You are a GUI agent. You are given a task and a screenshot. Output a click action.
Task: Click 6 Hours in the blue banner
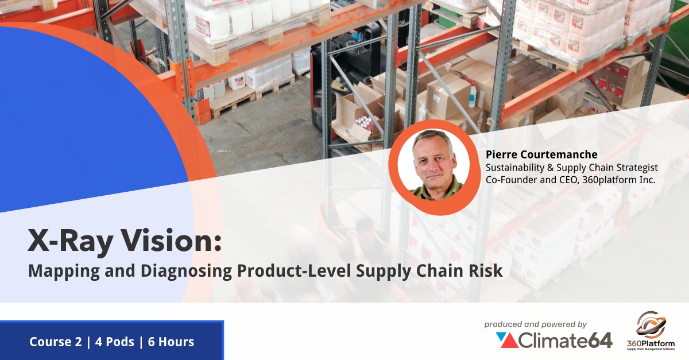click(x=171, y=342)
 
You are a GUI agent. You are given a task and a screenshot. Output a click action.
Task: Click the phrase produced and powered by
click(x=535, y=324)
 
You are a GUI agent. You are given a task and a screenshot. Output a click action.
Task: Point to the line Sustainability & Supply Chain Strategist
click(x=571, y=167)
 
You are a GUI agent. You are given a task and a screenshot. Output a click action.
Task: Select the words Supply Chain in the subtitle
click(x=400, y=270)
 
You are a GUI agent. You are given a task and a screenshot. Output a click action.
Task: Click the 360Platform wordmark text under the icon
click(x=651, y=344)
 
